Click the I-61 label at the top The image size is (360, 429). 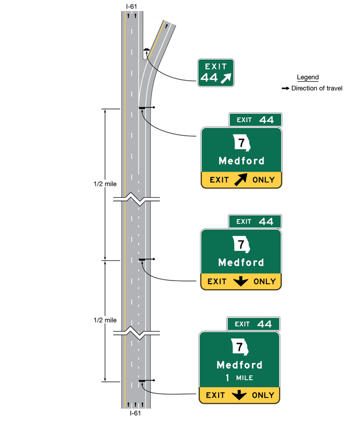(x=133, y=6)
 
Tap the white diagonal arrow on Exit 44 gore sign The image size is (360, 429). (x=226, y=78)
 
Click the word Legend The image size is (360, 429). (x=308, y=78)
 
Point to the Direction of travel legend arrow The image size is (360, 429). (x=285, y=88)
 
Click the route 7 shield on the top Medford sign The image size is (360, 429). (x=241, y=143)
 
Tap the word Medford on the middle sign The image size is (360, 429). (x=241, y=263)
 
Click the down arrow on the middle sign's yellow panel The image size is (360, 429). (x=241, y=282)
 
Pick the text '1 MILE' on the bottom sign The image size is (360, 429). (x=240, y=378)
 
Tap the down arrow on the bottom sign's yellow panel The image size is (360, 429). (x=239, y=395)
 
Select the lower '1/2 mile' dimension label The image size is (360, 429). (x=105, y=320)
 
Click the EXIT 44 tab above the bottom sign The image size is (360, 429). (x=253, y=324)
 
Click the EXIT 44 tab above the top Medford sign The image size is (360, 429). (x=255, y=120)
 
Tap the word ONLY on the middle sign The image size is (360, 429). (x=265, y=282)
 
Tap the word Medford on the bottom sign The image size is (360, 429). (x=240, y=365)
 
